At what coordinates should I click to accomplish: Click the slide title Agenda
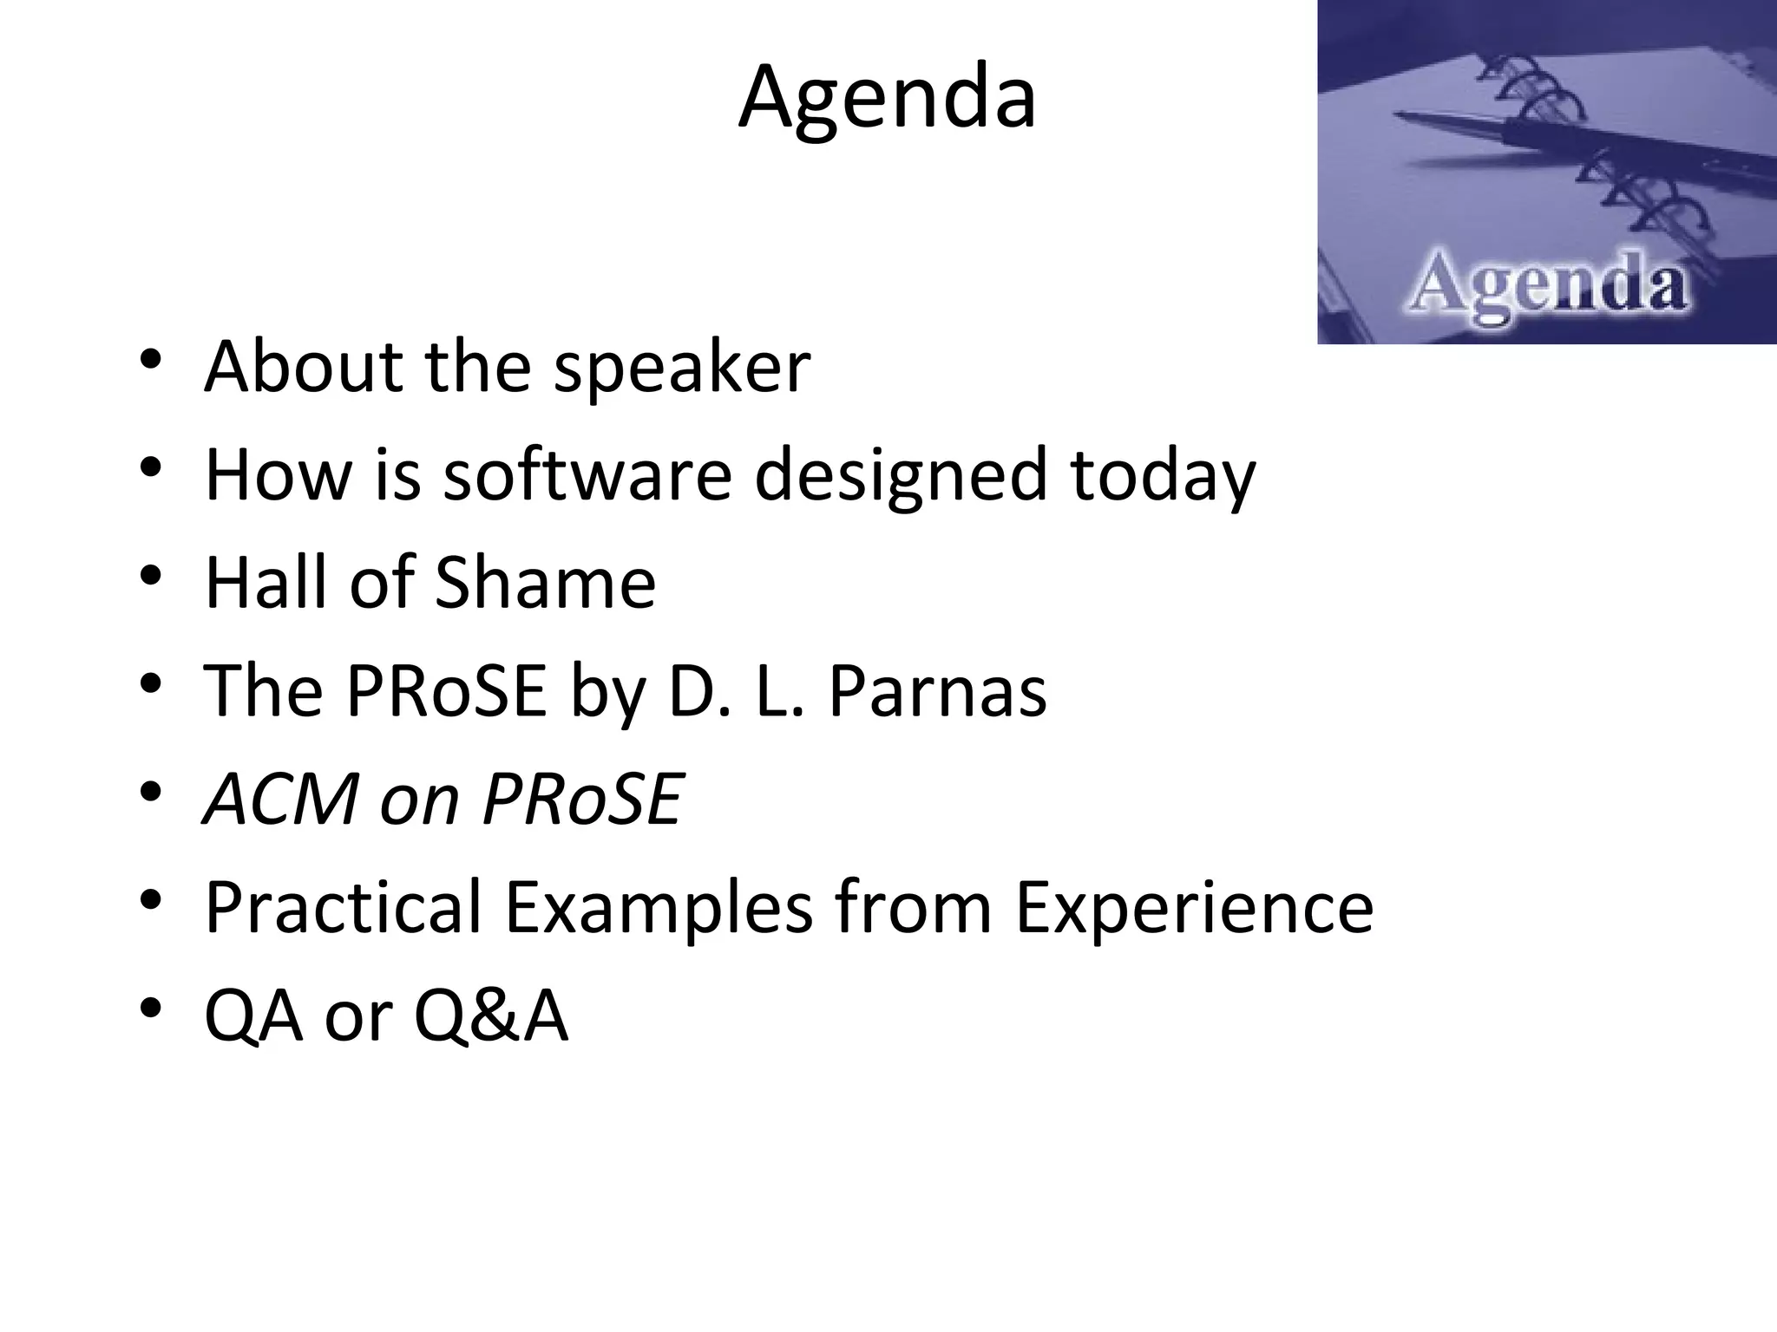coord(887,98)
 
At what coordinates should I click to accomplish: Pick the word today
coord(1163,477)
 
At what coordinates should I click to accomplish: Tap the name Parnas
coord(937,690)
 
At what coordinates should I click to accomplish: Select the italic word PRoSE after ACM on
coord(583,798)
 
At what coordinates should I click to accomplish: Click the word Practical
coord(343,907)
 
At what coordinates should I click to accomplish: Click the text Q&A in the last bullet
coord(490,1015)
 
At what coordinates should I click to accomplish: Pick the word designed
coord(901,476)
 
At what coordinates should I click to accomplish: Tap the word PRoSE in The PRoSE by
coord(447,690)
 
